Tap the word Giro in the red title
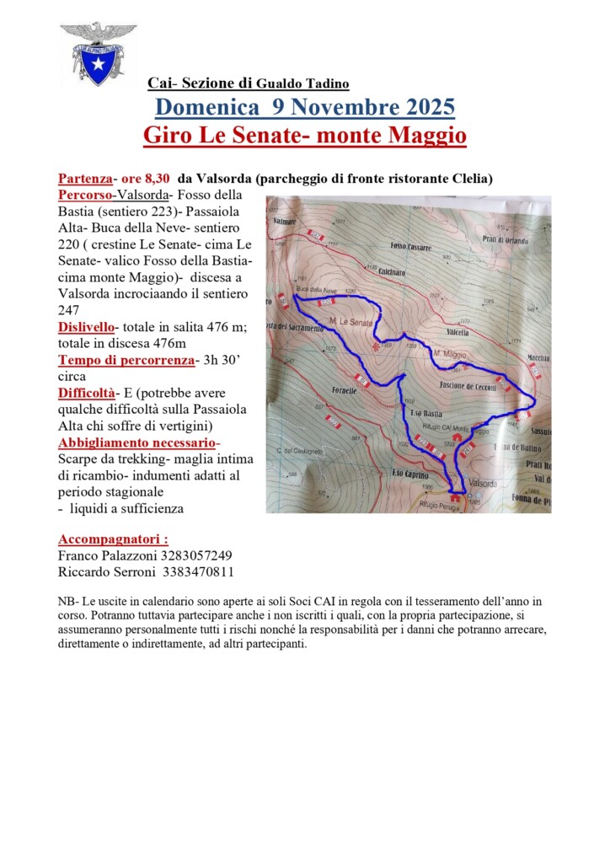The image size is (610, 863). coord(164,135)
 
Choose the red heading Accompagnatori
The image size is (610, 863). coord(112,539)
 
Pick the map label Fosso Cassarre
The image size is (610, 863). coord(410,247)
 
